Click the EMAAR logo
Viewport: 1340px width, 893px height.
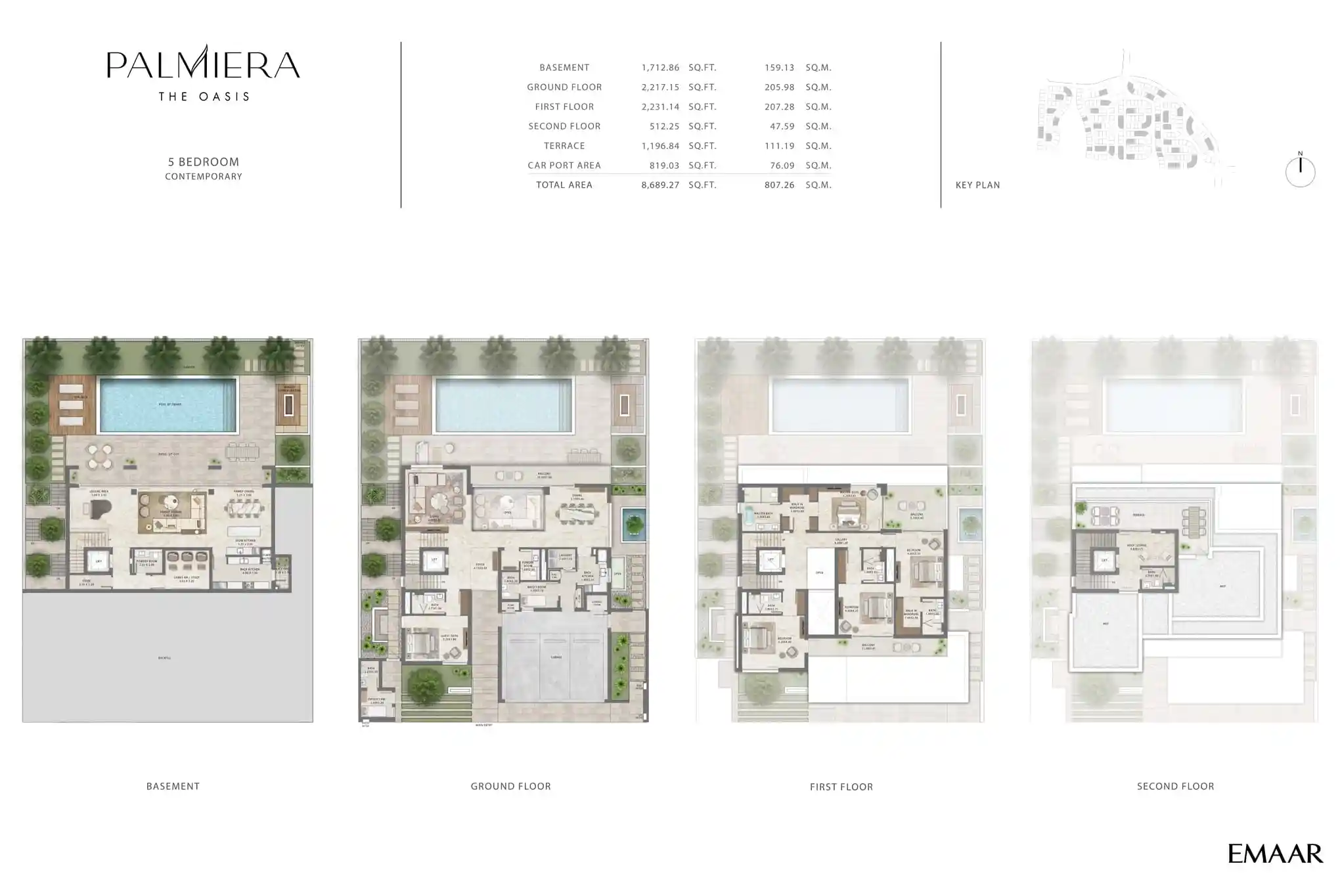1275,854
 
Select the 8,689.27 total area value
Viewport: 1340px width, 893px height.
659,185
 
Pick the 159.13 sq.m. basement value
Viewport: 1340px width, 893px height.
779,68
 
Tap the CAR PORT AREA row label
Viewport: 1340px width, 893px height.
564,165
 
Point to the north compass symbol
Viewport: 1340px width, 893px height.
1300,171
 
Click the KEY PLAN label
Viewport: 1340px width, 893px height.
977,185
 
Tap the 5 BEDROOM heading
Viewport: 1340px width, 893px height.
204,162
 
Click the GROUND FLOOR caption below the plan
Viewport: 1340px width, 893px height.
510,786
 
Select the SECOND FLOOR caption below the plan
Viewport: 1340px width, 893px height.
1175,786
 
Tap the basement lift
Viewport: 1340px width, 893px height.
99,561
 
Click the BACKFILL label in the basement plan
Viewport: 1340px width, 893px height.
164,657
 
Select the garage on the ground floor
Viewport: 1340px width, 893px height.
555,657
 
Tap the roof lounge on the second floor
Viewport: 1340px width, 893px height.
1155,552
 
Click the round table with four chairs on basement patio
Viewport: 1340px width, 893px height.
99,456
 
